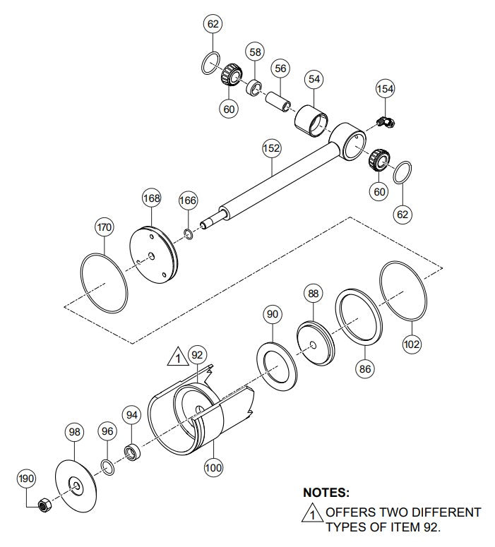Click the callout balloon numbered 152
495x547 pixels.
coord(271,149)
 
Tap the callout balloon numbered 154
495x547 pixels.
coord(385,89)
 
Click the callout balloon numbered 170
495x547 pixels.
coord(105,227)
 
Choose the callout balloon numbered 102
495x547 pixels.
coord(412,344)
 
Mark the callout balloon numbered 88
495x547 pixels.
coord(313,292)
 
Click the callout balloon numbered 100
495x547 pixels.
coord(213,466)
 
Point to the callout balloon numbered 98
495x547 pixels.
coord(76,431)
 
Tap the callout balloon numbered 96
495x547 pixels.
coord(107,431)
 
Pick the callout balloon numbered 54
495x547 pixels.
coord(314,80)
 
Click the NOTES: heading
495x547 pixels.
coord(326,493)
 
